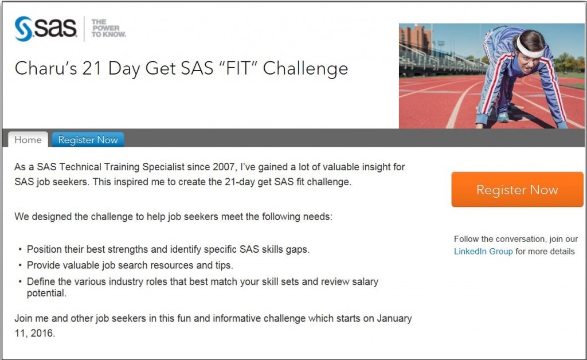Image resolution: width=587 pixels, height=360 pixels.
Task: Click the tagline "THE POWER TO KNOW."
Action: click(x=108, y=29)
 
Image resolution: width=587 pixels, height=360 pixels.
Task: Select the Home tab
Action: click(x=28, y=139)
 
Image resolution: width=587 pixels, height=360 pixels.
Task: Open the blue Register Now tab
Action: click(x=88, y=139)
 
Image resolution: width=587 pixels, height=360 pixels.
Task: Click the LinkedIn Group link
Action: click(x=483, y=251)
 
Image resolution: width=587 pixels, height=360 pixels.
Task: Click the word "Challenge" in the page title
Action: click(x=306, y=69)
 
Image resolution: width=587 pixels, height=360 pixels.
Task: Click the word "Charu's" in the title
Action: click(x=46, y=68)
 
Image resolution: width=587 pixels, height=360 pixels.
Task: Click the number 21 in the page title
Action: click(x=92, y=68)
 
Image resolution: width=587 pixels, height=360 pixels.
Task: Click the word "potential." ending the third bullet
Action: click(x=46, y=294)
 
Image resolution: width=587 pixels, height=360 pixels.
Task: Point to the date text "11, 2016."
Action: click(x=35, y=332)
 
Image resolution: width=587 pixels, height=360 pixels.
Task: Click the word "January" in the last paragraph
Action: click(x=394, y=319)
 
